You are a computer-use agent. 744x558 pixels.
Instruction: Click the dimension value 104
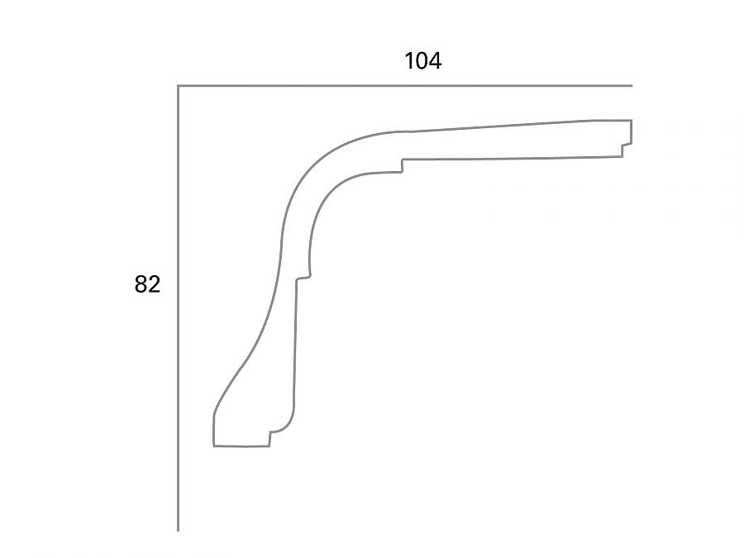tap(422, 61)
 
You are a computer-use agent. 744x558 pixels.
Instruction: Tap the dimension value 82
tap(147, 284)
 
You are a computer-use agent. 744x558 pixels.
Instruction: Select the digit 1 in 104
tap(409, 61)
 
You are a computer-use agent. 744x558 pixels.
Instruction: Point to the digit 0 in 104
tap(422, 61)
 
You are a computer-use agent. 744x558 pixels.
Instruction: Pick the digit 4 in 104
tap(435, 61)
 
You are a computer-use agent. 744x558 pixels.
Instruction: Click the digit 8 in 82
tap(141, 284)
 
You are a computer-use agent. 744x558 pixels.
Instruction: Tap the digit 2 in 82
tap(154, 284)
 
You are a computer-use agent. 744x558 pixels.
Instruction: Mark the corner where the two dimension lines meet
tap(179, 85)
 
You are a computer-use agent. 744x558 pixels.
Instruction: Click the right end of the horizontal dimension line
tap(632, 85)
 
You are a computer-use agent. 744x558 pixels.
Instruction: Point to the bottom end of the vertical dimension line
tap(179, 530)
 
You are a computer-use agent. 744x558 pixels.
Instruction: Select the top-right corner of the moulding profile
tap(632, 121)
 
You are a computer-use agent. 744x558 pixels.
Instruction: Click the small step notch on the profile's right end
tap(627, 145)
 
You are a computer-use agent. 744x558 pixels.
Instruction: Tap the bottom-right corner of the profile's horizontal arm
tap(622, 155)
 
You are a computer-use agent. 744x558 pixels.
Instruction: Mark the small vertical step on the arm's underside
tap(402, 165)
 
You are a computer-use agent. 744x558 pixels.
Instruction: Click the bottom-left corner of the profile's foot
tap(214, 446)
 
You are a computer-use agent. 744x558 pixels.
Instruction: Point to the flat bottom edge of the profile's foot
tap(241, 446)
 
